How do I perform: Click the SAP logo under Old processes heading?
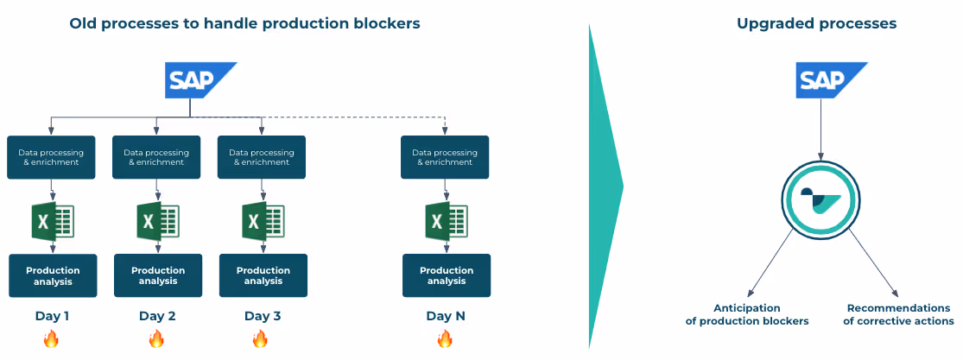tap(200, 80)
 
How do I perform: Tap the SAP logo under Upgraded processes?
tap(832, 80)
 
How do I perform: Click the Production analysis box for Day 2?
tap(158, 275)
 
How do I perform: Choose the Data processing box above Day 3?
tap(262, 157)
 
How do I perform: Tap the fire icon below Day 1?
tap(51, 338)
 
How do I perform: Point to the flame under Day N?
tap(445, 338)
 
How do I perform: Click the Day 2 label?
tap(157, 316)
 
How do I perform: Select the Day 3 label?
tap(263, 316)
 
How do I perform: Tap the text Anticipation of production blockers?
tap(746, 314)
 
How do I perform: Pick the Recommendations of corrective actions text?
tap(898, 314)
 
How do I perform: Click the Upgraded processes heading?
tap(817, 24)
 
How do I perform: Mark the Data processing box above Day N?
tap(445, 157)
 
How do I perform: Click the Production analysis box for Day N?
tap(447, 275)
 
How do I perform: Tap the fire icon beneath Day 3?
tap(260, 338)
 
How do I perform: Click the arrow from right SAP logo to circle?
tap(820, 130)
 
